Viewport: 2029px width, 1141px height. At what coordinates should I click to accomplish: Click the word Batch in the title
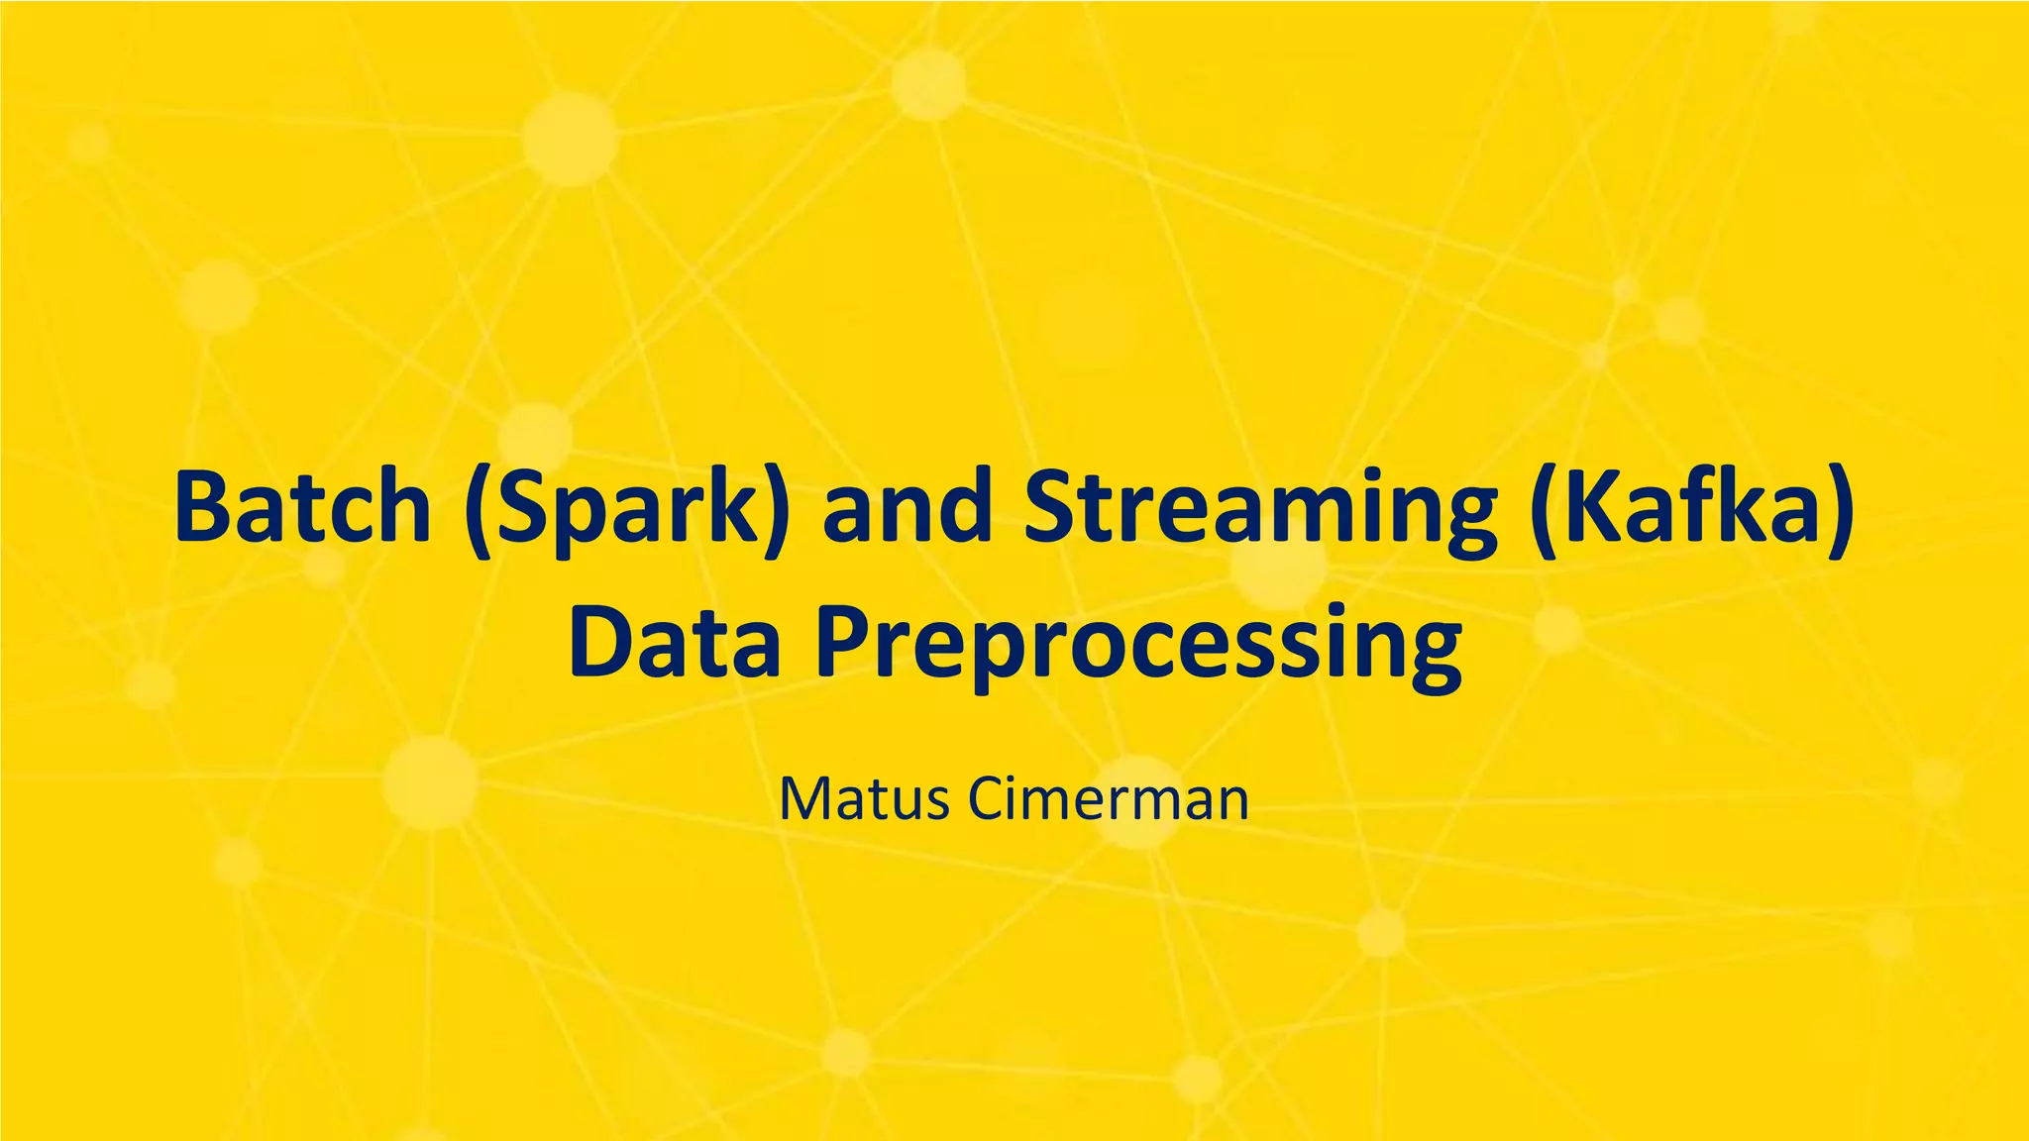pyautogui.click(x=302, y=507)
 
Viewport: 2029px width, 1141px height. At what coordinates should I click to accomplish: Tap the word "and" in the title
pyautogui.click(x=908, y=507)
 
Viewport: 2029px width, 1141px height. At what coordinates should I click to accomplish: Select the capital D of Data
pyautogui.click(x=598, y=644)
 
